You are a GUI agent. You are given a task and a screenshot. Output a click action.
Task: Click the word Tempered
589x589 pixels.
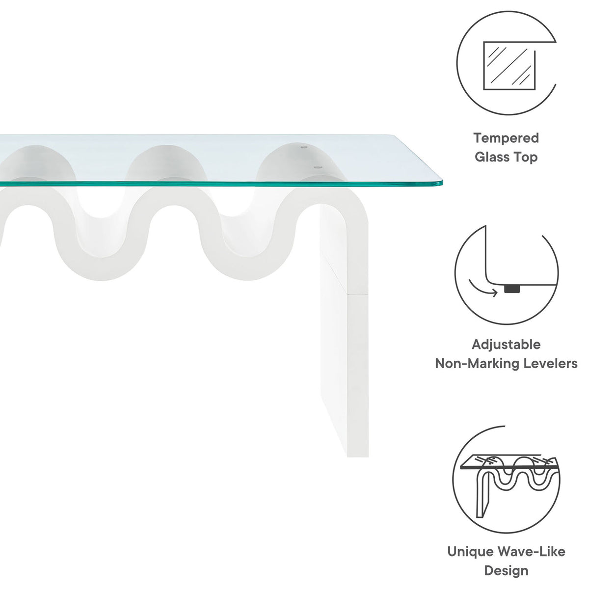[x=506, y=138]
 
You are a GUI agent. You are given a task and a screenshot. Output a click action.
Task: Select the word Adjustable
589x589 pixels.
[x=506, y=345]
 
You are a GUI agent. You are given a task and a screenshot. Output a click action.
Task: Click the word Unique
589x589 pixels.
[x=470, y=543]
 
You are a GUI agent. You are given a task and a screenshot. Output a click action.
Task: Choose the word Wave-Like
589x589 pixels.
[x=532, y=543]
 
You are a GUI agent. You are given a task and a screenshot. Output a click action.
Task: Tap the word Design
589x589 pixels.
[x=506, y=562]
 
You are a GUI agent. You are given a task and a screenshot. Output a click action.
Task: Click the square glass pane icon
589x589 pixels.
[x=509, y=66]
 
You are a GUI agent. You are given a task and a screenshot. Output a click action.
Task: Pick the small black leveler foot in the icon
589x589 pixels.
[x=512, y=289]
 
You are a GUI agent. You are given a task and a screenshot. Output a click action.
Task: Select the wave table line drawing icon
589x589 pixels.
[x=509, y=485]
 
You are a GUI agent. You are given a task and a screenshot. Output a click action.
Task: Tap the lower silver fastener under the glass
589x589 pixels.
[x=318, y=167]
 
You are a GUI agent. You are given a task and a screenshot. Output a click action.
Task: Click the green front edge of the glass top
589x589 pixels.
[x=220, y=184]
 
